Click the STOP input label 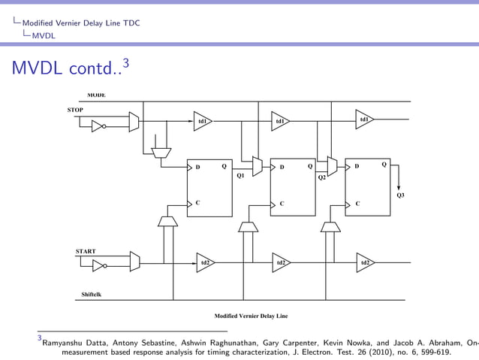coord(75,110)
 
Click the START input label coord(85,250)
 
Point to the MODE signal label coord(95,95)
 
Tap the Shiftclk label coord(92,294)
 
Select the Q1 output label coord(240,176)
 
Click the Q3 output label coord(400,195)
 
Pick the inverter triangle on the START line coord(98,265)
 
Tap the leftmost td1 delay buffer coord(202,120)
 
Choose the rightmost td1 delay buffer coord(364,119)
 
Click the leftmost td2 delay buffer coord(204,262)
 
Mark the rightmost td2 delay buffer coord(365,262)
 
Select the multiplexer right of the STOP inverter coord(134,123)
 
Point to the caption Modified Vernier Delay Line coord(251,316)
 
